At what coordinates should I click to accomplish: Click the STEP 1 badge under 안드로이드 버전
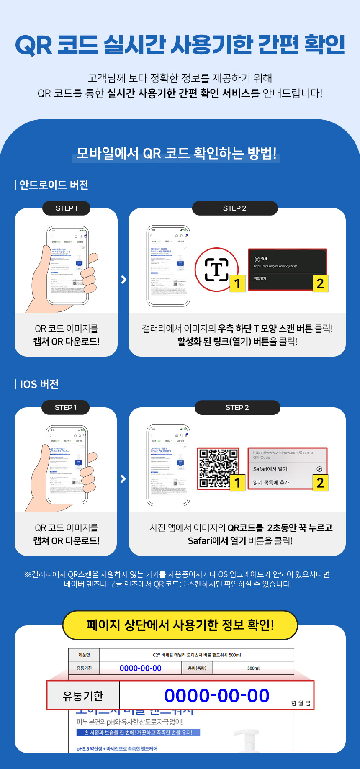(x=66, y=208)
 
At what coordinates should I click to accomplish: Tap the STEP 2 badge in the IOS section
(x=237, y=407)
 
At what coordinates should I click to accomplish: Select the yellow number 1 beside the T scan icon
(x=237, y=283)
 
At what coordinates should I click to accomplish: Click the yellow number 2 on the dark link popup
(x=320, y=283)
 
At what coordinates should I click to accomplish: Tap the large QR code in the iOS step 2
(x=218, y=468)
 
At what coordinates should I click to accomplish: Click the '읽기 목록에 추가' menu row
(x=280, y=482)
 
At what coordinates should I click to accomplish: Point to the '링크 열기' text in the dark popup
(x=260, y=278)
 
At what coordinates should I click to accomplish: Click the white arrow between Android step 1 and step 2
(x=123, y=279)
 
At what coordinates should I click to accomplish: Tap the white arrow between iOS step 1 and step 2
(x=123, y=478)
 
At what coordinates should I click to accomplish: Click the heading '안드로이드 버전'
(x=54, y=185)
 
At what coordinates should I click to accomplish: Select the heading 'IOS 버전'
(x=39, y=384)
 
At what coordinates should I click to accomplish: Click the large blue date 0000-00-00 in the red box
(x=216, y=696)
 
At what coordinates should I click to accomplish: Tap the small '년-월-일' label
(x=301, y=703)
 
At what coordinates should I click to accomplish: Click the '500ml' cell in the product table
(x=253, y=668)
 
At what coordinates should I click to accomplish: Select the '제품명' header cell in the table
(x=84, y=655)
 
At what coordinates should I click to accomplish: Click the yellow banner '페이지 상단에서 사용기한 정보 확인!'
(x=180, y=625)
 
